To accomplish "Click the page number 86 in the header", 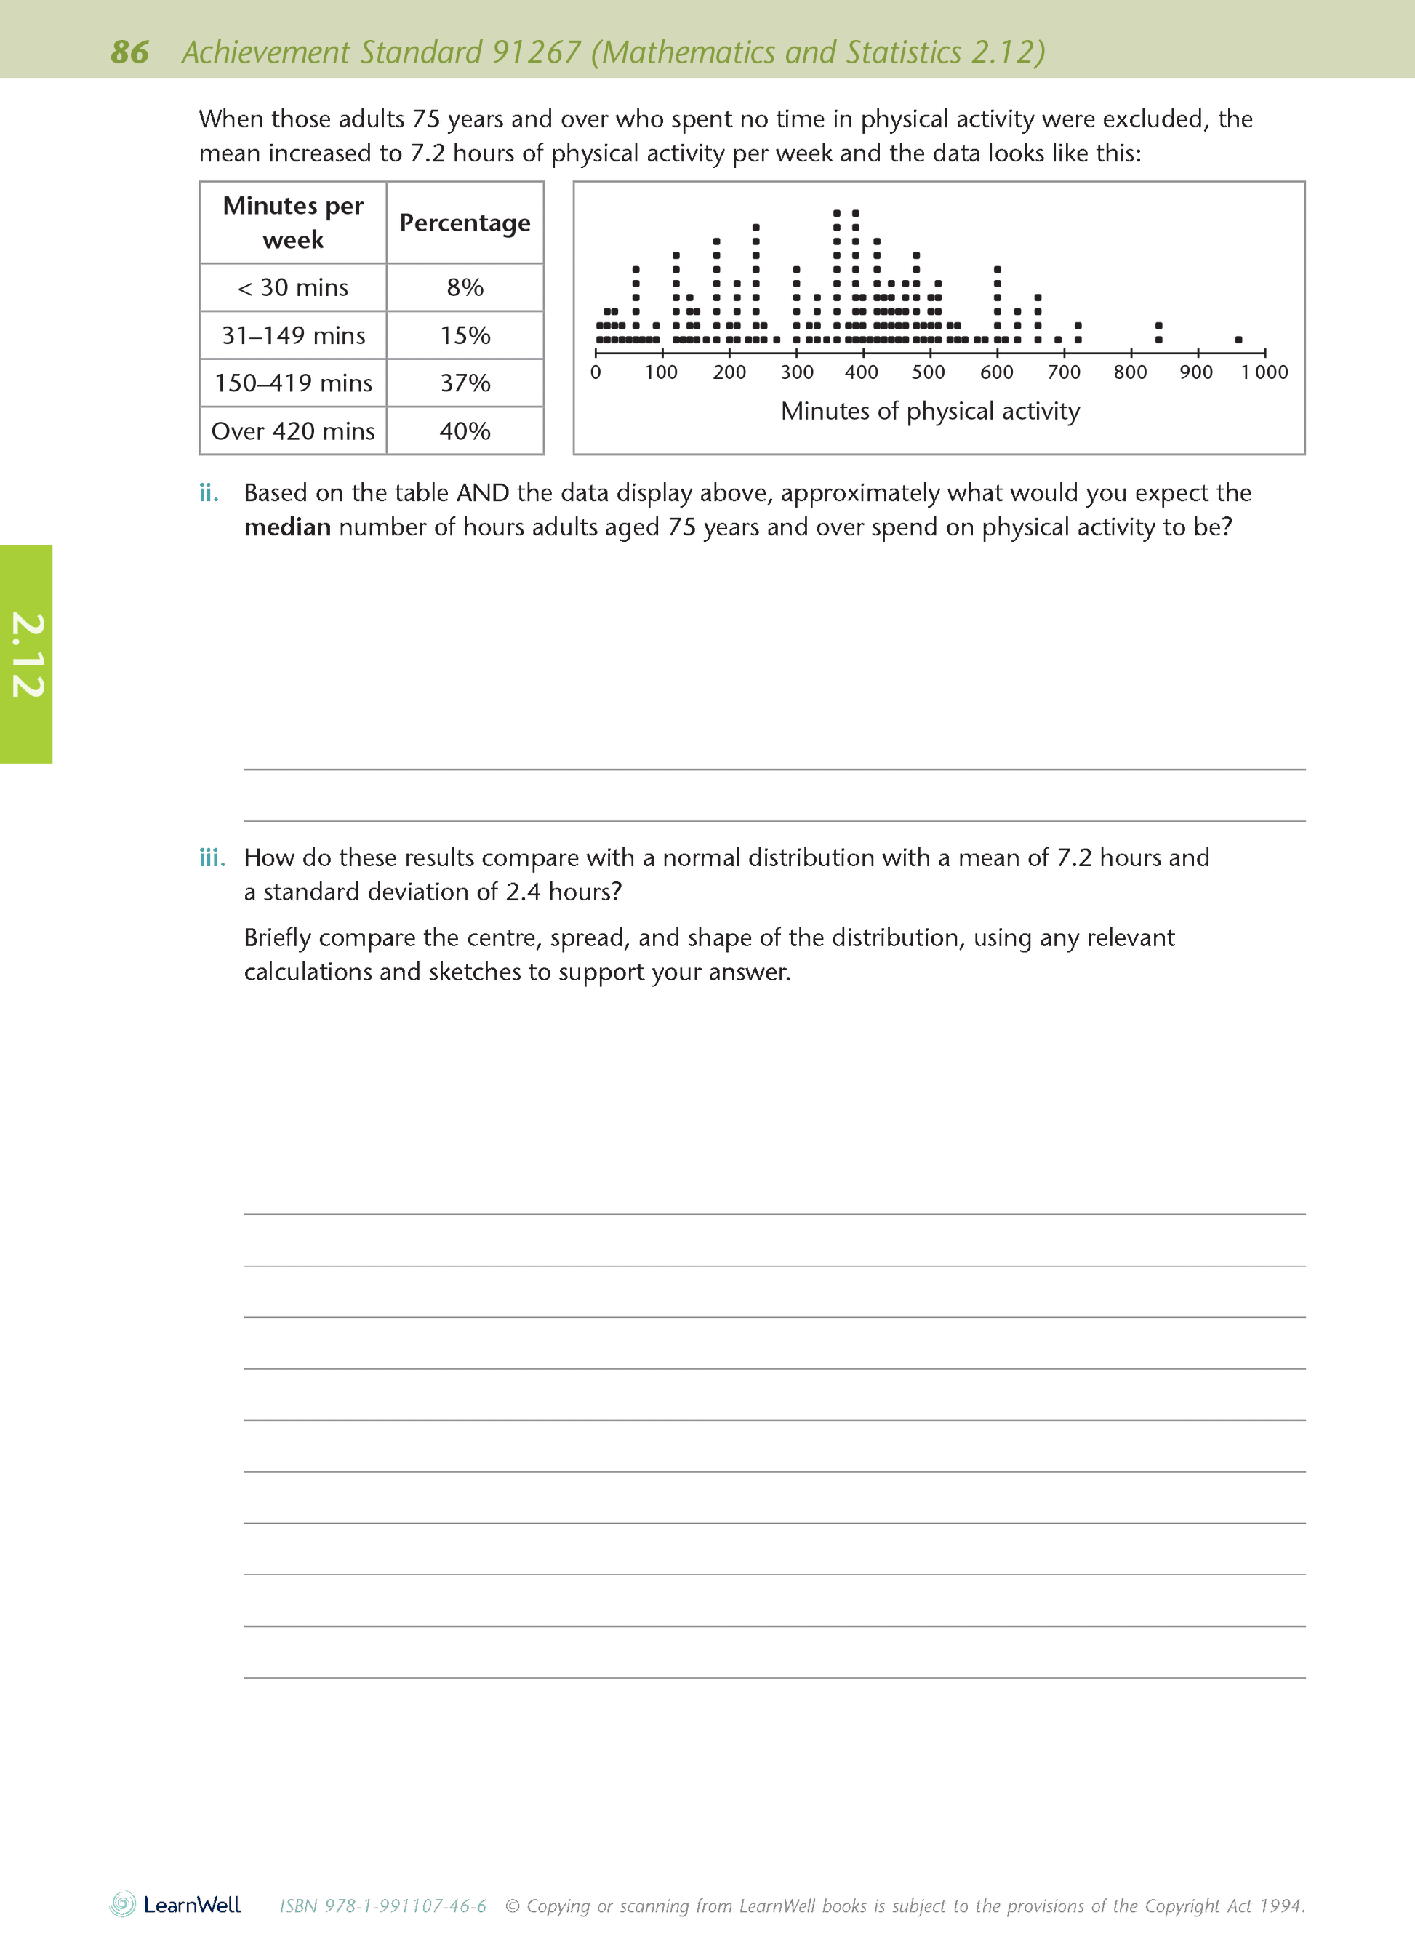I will (x=129, y=52).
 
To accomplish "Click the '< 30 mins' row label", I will (x=293, y=287).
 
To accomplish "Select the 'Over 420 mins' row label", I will (x=293, y=431).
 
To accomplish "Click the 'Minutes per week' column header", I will (x=293, y=223).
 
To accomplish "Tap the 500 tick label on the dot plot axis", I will (x=929, y=372).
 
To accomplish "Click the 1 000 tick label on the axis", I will (x=1264, y=372).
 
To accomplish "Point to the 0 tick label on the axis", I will (x=596, y=372).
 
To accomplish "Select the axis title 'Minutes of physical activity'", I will (x=930, y=411).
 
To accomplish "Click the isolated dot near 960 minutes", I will (x=1238, y=340).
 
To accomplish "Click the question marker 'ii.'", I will (x=209, y=494).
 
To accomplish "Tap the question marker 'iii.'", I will (x=212, y=858).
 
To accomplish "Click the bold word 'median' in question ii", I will (x=287, y=528).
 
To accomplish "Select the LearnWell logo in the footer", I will (x=175, y=1905).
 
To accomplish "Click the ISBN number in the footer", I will (x=383, y=1906).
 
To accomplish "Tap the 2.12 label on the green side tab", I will (x=27, y=655).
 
